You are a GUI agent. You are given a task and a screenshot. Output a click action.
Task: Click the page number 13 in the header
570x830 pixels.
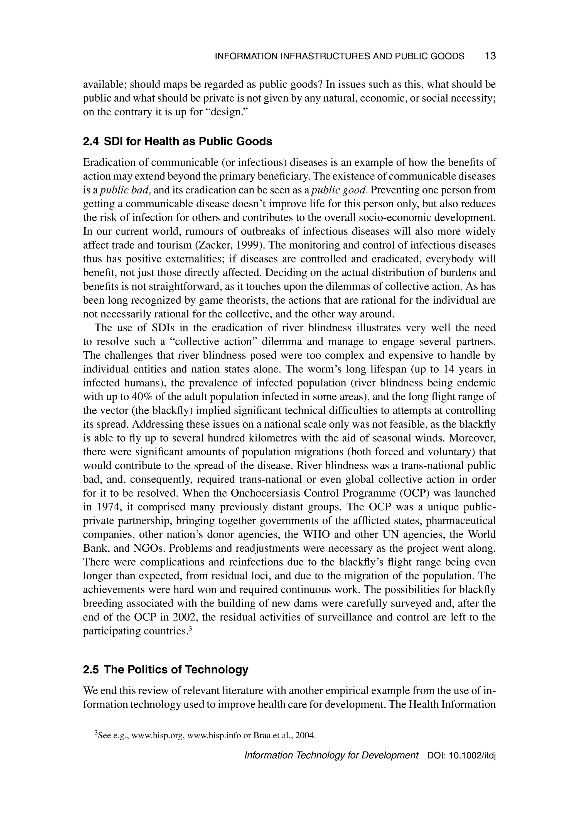pos(490,56)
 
